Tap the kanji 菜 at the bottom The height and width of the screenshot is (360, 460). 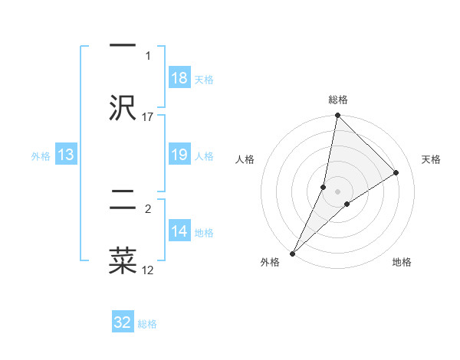point(123,260)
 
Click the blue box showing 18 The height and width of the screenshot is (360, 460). point(179,78)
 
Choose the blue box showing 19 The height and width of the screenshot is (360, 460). point(179,155)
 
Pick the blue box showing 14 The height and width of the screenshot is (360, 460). point(179,231)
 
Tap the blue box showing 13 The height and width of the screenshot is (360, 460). point(66,155)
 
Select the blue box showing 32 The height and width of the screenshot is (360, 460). point(123,322)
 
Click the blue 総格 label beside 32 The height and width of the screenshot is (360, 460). point(147,324)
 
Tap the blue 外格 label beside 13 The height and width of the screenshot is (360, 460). point(41,156)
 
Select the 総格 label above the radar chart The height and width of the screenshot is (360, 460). point(338,100)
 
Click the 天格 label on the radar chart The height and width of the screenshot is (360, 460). point(432,159)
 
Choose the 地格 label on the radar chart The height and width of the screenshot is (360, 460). point(402,263)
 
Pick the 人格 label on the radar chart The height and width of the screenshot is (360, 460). point(245,159)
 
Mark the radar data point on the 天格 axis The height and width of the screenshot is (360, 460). point(396,172)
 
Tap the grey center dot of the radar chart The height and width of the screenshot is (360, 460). point(338,191)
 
